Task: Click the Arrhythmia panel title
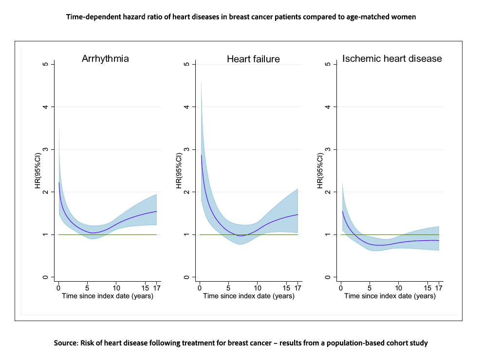coord(105,59)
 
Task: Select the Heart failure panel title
coord(253,59)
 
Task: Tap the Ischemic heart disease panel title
coord(392,59)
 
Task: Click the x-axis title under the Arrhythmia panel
coord(108,296)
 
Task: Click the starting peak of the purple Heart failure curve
coord(201,155)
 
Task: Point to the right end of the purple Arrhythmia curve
coord(157,211)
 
